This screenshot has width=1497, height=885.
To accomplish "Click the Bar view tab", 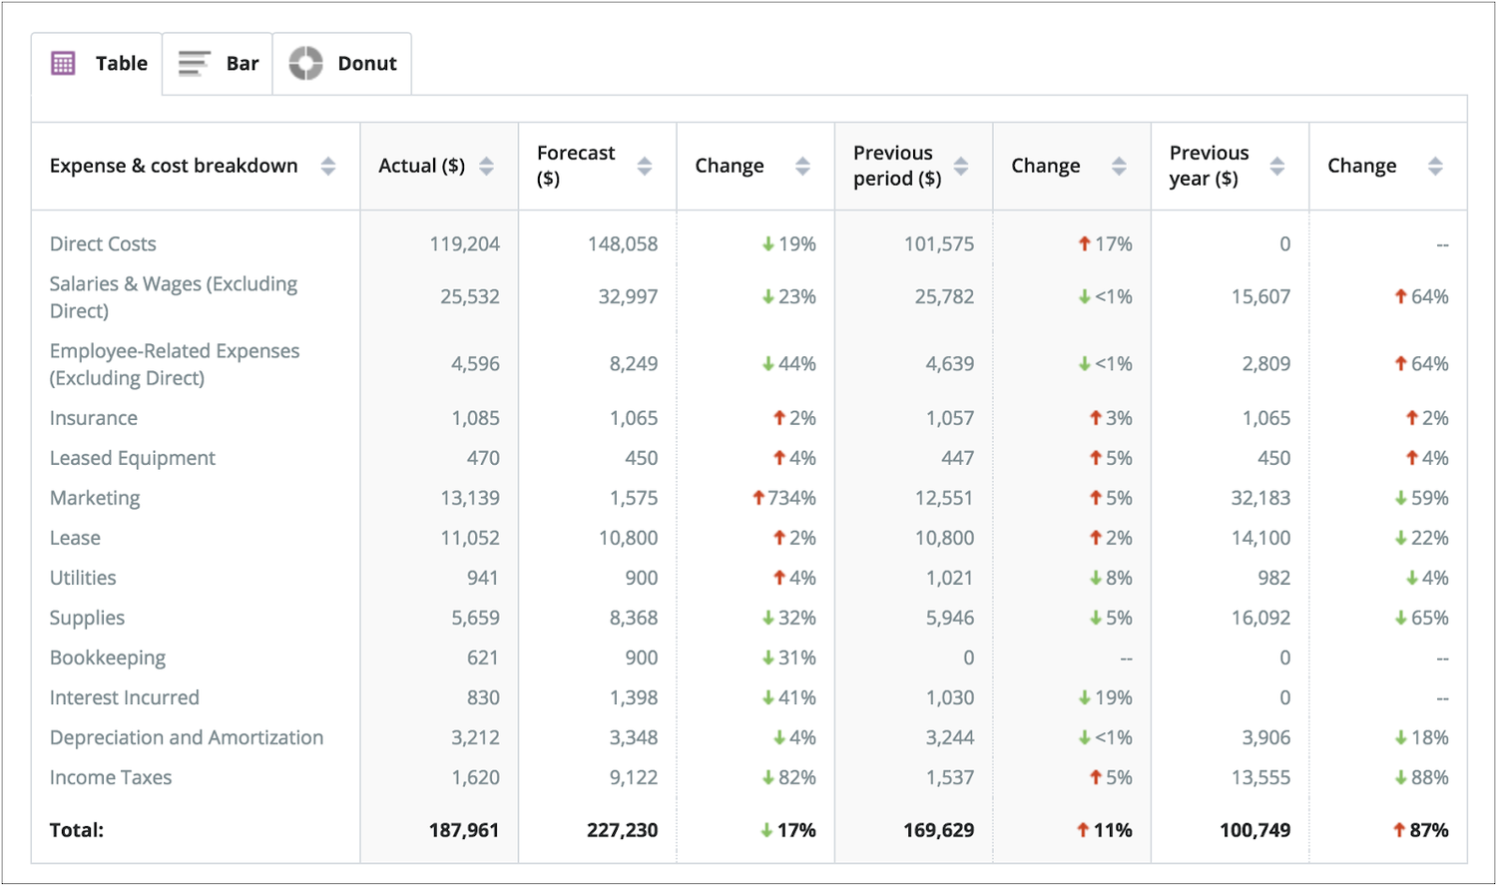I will (219, 64).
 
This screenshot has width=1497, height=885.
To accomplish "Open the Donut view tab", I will (343, 64).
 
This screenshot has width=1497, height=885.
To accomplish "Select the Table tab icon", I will (63, 64).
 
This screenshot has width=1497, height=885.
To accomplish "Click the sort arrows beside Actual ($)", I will (486, 167).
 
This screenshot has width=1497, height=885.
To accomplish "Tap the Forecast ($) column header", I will (576, 166).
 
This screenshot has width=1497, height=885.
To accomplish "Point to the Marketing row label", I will (95, 498).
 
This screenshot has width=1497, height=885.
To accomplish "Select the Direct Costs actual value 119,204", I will (464, 244).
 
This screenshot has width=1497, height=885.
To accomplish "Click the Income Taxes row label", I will (111, 777).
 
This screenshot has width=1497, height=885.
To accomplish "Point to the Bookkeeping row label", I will (108, 658).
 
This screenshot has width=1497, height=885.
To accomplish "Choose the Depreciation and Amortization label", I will (187, 737).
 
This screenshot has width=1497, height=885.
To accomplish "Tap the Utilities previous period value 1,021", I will (949, 578).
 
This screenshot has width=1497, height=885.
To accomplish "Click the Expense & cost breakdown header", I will (174, 166).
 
